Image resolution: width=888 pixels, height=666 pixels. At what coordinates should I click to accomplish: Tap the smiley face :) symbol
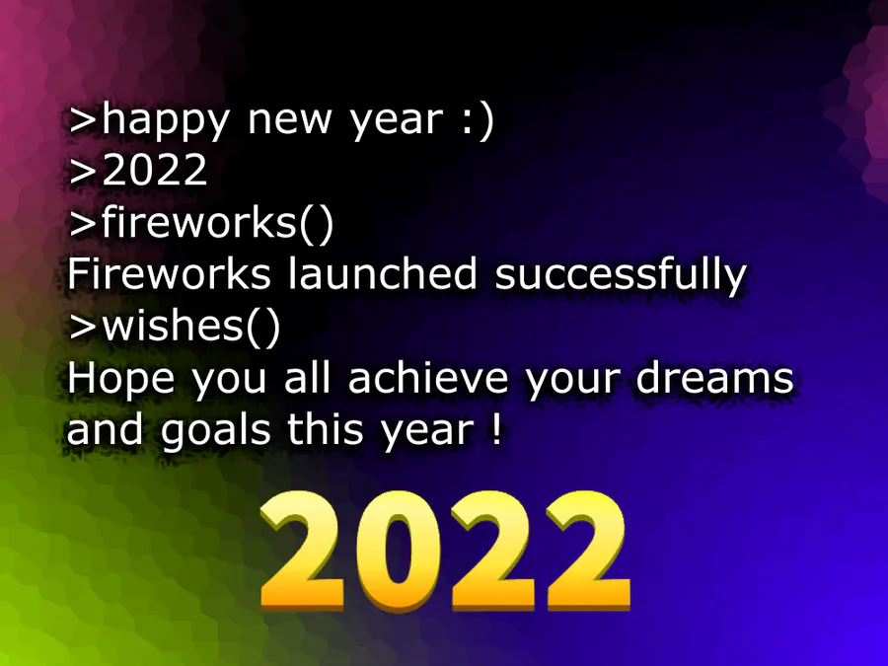[478, 120]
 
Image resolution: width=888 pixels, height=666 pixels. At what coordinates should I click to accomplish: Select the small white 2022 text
[155, 170]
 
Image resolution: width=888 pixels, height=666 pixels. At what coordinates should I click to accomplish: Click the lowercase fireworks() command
[217, 222]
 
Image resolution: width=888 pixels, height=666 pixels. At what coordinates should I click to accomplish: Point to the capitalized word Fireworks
[169, 273]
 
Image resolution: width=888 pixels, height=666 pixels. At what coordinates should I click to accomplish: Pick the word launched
[383, 273]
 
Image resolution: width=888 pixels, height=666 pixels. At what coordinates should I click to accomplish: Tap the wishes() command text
[190, 325]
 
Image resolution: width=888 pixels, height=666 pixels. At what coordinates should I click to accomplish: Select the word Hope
[120, 381]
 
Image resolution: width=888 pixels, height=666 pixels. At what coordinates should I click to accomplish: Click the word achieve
[427, 378]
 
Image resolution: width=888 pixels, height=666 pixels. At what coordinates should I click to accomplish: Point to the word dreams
[714, 378]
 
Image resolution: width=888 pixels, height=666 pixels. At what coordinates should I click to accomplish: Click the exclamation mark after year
[496, 429]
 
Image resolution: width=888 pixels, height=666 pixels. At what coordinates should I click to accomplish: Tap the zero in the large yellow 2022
[399, 550]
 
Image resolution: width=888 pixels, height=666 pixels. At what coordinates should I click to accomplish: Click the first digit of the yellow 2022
[303, 550]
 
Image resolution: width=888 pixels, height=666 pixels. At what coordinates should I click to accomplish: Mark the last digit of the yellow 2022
[588, 550]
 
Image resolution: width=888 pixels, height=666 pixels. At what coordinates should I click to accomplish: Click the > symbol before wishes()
[83, 327]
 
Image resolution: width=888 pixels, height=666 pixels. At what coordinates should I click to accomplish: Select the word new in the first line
[289, 122]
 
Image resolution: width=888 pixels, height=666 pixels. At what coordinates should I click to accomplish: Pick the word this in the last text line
[325, 429]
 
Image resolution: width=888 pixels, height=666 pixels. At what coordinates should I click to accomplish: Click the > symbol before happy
[83, 119]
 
